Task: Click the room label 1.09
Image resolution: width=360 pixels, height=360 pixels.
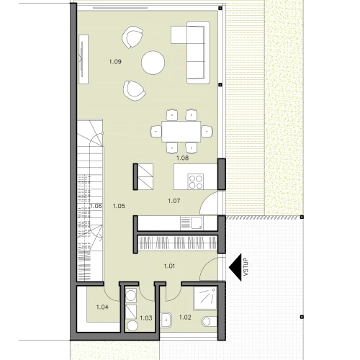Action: pyautogui.click(x=115, y=62)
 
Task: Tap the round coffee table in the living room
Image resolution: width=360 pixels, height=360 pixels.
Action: pyautogui.click(x=153, y=63)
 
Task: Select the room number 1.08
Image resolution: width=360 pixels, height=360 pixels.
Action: pyautogui.click(x=182, y=158)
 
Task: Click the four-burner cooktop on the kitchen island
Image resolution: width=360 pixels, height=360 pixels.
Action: pyautogui.click(x=196, y=181)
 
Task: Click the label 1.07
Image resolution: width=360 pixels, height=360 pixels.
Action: pyautogui.click(x=174, y=201)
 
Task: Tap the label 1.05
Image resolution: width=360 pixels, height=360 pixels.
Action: pyautogui.click(x=119, y=206)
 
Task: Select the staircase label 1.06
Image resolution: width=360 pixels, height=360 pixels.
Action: pyautogui.click(x=96, y=206)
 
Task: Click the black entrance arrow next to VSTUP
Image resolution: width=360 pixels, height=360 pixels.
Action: pyautogui.click(x=235, y=267)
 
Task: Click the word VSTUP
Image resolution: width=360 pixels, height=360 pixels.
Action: pyautogui.click(x=246, y=267)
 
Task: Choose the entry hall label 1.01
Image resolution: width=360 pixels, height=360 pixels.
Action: pyautogui.click(x=169, y=266)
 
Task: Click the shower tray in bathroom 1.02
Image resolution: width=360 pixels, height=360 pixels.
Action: pyautogui.click(x=205, y=297)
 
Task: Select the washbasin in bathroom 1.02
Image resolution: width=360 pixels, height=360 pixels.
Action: pyautogui.click(x=166, y=320)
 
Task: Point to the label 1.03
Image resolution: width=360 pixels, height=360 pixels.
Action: pyautogui.click(x=146, y=318)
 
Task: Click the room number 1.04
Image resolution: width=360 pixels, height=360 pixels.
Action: pyautogui.click(x=102, y=307)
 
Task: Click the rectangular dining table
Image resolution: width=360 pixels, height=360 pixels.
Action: pyautogui.click(x=181, y=132)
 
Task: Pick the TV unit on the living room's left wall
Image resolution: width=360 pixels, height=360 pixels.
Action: pyautogui.click(x=84, y=59)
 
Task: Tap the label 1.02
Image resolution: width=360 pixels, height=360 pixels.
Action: pyautogui.click(x=185, y=318)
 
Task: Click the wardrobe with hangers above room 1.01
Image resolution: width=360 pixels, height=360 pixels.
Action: pyautogui.click(x=178, y=243)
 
